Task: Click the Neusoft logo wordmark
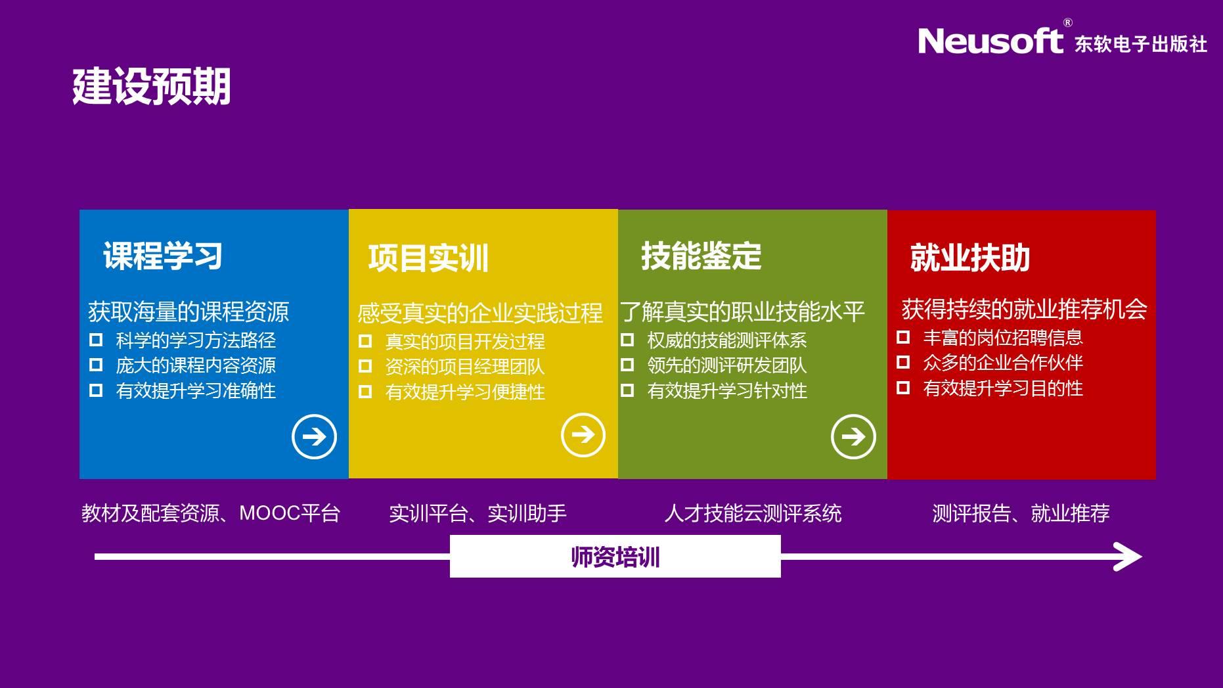[990, 41]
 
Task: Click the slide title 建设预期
[152, 86]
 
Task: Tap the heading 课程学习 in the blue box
[163, 256]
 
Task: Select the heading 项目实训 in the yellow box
[428, 258]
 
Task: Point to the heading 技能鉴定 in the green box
[701, 256]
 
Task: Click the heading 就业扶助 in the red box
[970, 258]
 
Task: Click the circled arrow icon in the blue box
[314, 436]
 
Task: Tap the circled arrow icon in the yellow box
[583, 435]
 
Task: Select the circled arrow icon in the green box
[853, 436]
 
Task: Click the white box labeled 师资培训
[615, 557]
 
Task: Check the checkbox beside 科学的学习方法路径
[96, 340]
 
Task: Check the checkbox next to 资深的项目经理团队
[365, 366]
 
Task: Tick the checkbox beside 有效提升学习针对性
[627, 390]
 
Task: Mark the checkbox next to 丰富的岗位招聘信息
[903, 337]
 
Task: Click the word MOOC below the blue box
[269, 513]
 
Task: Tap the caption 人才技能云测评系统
[753, 513]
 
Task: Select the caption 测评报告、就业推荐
[1021, 513]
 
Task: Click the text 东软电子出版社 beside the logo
[1141, 43]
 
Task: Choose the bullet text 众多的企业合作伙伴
[1003, 363]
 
